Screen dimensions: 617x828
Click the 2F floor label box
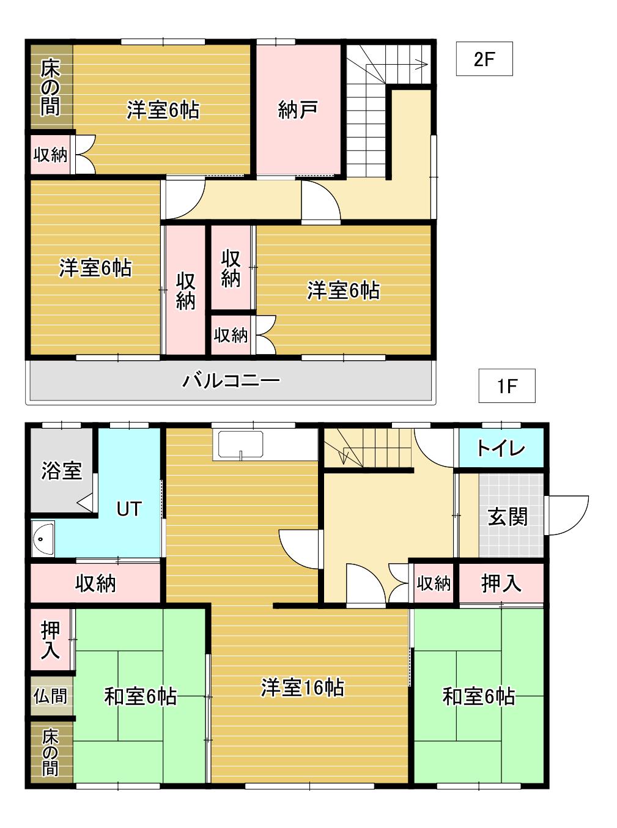(x=484, y=59)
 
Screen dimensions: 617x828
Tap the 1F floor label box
(x=506, y=385)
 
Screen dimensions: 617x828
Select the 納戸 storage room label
(x=298, y=110)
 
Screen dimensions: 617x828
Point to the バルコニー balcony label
(x=231, y=380)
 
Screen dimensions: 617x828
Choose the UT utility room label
(x=129, y=509)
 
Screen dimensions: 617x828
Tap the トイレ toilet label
(x=501, y=449)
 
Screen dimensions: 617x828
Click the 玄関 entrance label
(x=508, y=516)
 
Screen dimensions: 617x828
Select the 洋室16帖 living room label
(x=303, y=687)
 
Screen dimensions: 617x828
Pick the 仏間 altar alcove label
(x=50, y=697)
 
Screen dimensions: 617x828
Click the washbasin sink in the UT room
(x=43, y=539)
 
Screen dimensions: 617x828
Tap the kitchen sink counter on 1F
(x=240, y=445)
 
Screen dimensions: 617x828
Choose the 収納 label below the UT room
(x=95, y=583)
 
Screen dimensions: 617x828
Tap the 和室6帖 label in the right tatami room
(x=479, y=697)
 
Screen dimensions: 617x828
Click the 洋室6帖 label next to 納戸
(x=163, y=110)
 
